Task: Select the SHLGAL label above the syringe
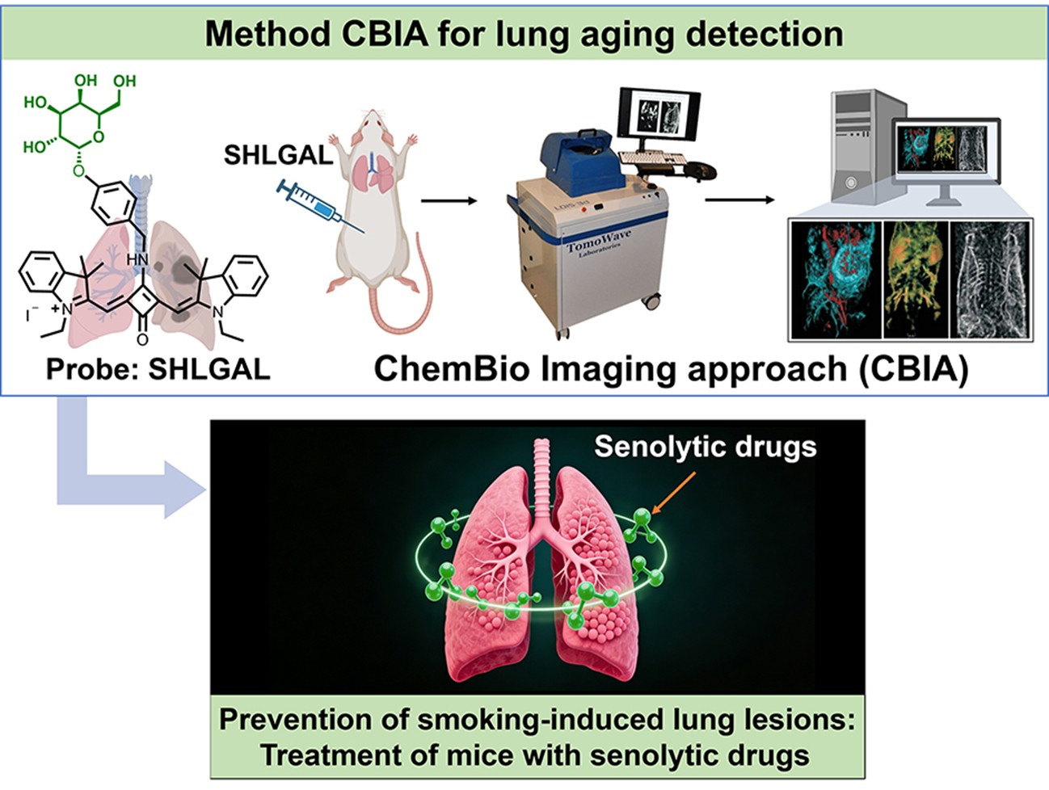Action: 278,153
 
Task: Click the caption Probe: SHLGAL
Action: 158,369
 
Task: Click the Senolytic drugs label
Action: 705,447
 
